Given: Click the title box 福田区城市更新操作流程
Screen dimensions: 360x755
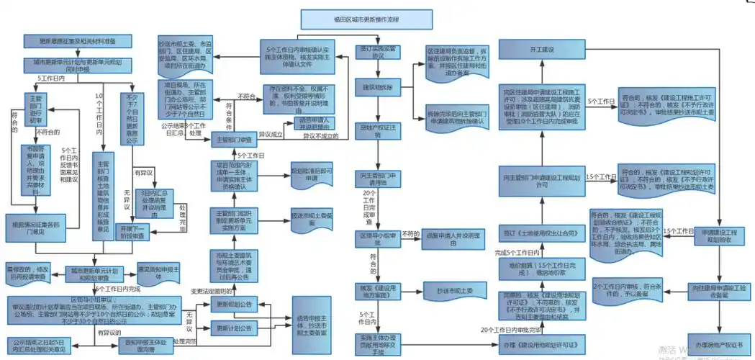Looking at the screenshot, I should coord(351,19).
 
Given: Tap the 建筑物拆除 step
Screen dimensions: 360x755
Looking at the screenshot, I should coord(377,86).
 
